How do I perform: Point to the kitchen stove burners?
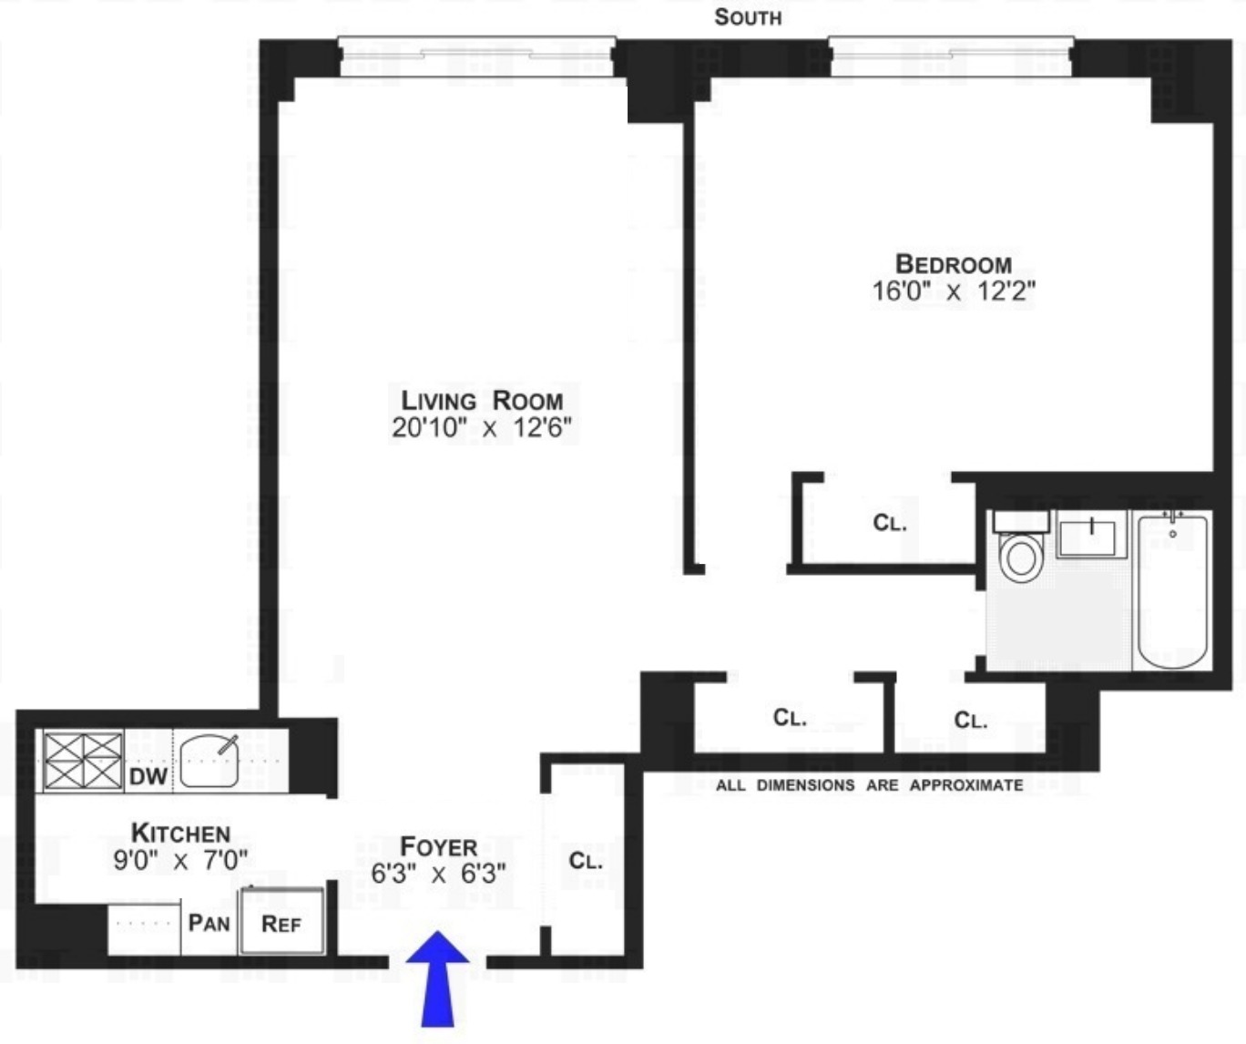[x=83, y=760]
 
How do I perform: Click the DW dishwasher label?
[x=148, y=776]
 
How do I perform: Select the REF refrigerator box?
[x=281, y=923]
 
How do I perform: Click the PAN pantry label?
[x=209, y=923]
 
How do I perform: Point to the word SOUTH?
[x=748, y=17]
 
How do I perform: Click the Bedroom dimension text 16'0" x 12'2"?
[x=954, y=292]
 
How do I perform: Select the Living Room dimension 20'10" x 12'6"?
[x=482, y=427]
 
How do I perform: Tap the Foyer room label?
[x=438, y=846]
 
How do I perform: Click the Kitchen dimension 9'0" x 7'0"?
[x=180, y=859]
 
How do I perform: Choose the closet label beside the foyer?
[x=585, y=861]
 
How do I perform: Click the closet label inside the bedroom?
[x=889, y=523]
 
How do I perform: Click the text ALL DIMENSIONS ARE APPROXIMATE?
[x=869, y=785]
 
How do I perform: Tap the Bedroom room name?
[x=954, y=264]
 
